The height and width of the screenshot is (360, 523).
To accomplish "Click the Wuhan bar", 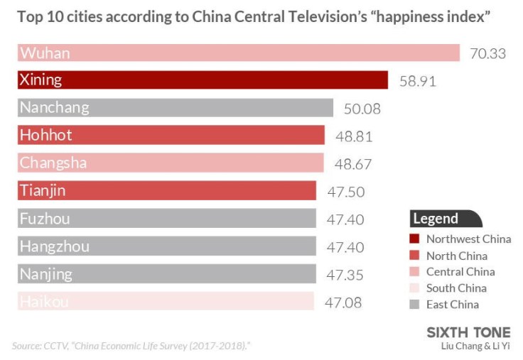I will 239,53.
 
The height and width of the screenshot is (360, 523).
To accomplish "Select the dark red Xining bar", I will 203,80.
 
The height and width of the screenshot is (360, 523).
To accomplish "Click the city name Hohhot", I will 46,135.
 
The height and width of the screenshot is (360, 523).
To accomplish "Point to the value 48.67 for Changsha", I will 353,164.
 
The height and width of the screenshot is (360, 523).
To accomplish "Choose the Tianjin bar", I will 167,190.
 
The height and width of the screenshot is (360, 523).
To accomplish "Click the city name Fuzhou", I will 45,219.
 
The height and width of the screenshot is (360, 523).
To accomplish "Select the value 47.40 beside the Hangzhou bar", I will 345,247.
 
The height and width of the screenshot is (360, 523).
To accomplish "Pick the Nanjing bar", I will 167,274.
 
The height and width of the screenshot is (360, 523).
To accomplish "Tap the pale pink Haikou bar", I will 166,302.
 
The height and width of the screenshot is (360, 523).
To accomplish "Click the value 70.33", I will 487,53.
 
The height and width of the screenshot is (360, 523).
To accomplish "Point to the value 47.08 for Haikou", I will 343,302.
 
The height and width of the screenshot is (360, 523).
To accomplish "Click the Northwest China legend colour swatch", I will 415,239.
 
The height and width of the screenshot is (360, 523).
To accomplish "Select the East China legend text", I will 452,305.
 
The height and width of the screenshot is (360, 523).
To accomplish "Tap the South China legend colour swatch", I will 415,288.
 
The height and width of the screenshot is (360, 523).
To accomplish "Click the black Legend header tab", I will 445,219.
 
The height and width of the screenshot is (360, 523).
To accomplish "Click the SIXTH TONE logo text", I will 468,332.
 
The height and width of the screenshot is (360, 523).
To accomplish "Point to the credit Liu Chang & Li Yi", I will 475,346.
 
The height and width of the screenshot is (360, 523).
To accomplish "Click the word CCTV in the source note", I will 58,346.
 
